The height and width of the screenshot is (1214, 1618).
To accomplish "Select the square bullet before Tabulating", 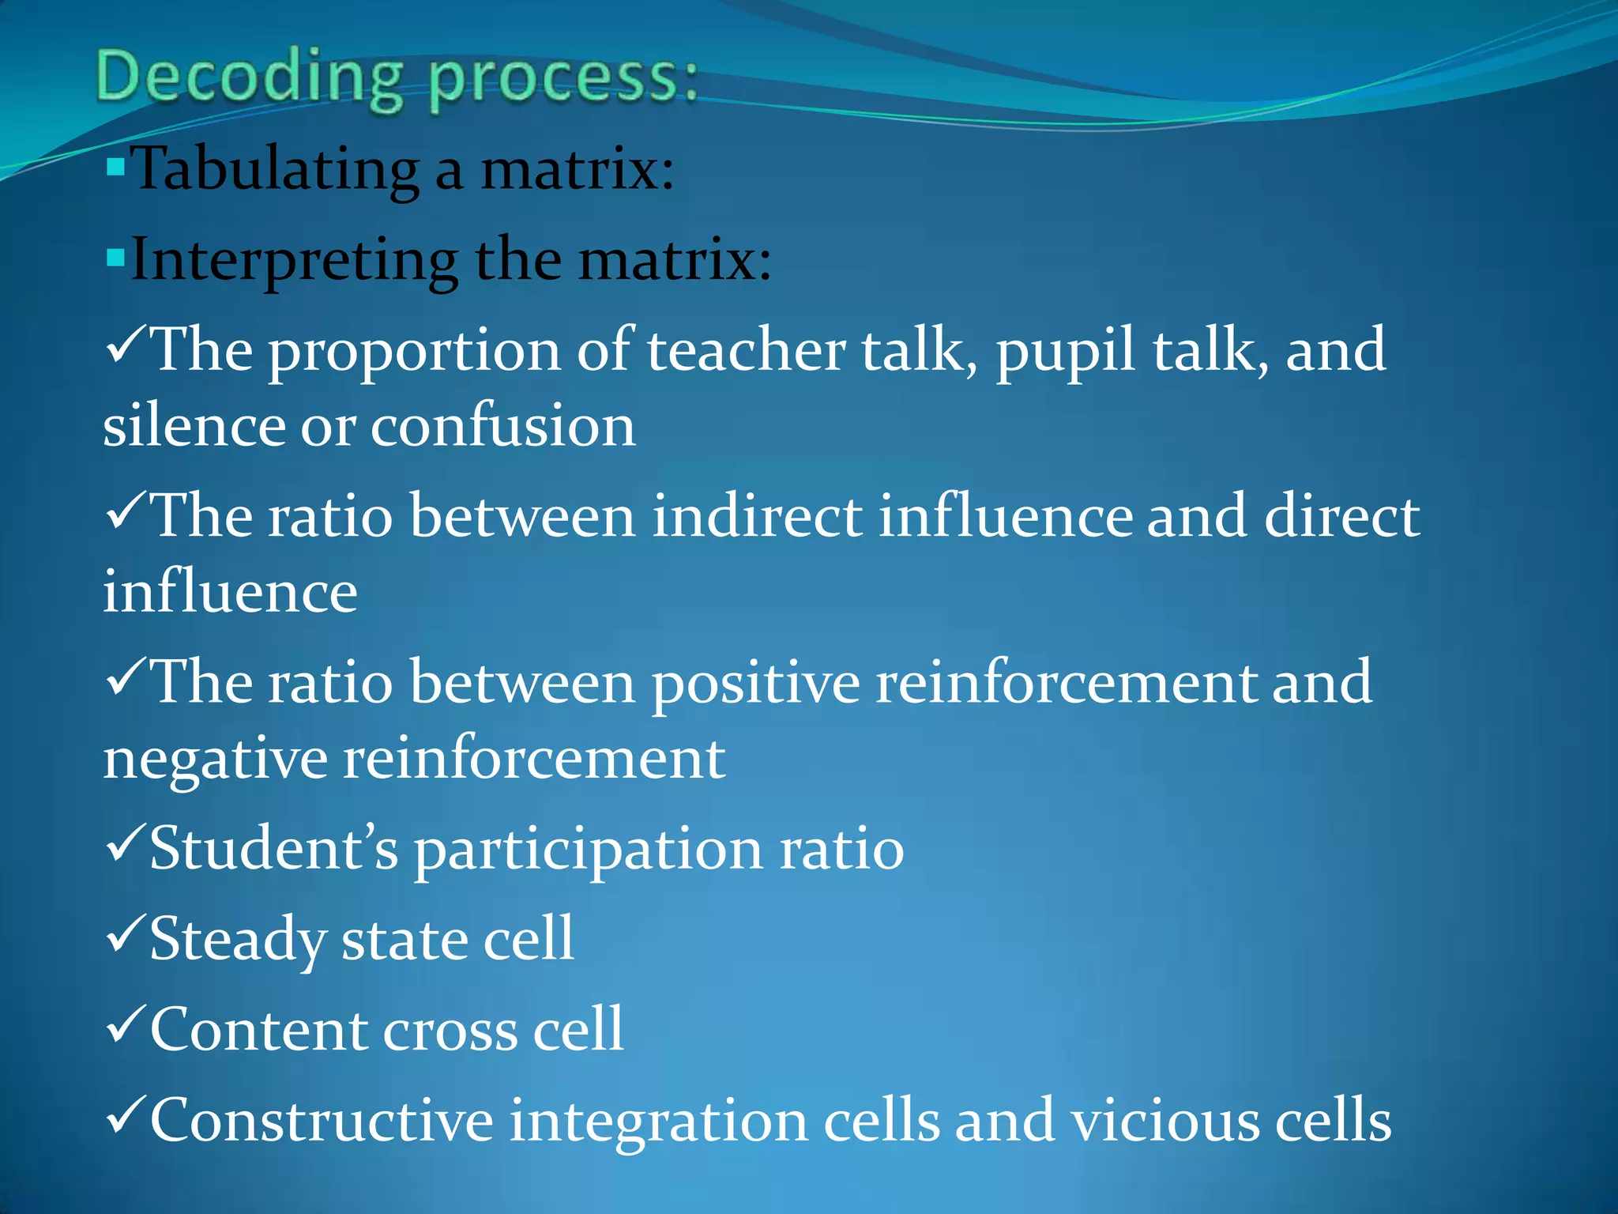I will point(115,167).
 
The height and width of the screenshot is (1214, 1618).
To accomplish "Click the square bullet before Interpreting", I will point(115,257).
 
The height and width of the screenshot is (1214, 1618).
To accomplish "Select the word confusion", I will point(502,426).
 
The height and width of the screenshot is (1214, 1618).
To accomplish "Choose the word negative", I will point(215,760).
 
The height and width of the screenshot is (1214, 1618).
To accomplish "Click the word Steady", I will point(237,941).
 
